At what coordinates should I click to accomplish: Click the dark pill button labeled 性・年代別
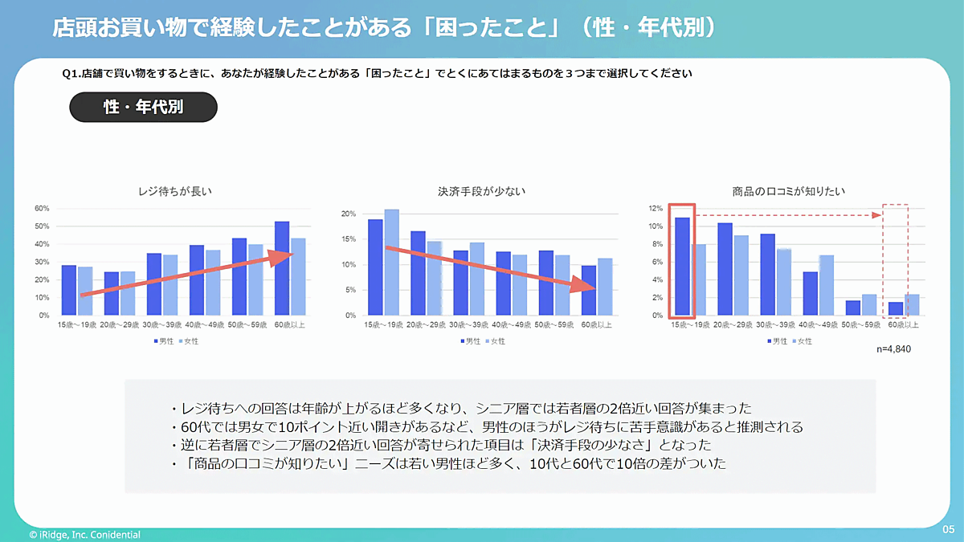144,107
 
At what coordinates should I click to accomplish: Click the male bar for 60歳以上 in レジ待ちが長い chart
282,268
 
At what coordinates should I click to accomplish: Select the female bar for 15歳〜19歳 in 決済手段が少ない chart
391,263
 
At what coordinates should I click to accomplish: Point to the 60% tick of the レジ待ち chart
41,209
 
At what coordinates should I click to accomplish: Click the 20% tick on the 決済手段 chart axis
349,214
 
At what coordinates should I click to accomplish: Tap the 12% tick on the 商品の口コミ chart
656,209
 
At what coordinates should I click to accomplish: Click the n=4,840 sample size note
893,350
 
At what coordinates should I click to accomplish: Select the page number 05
948,530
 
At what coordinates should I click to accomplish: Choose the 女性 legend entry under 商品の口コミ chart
801,341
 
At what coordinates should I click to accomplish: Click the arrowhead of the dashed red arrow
877,215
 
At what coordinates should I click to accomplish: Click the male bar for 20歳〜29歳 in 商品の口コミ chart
725,269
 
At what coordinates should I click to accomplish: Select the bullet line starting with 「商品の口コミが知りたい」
448,464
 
